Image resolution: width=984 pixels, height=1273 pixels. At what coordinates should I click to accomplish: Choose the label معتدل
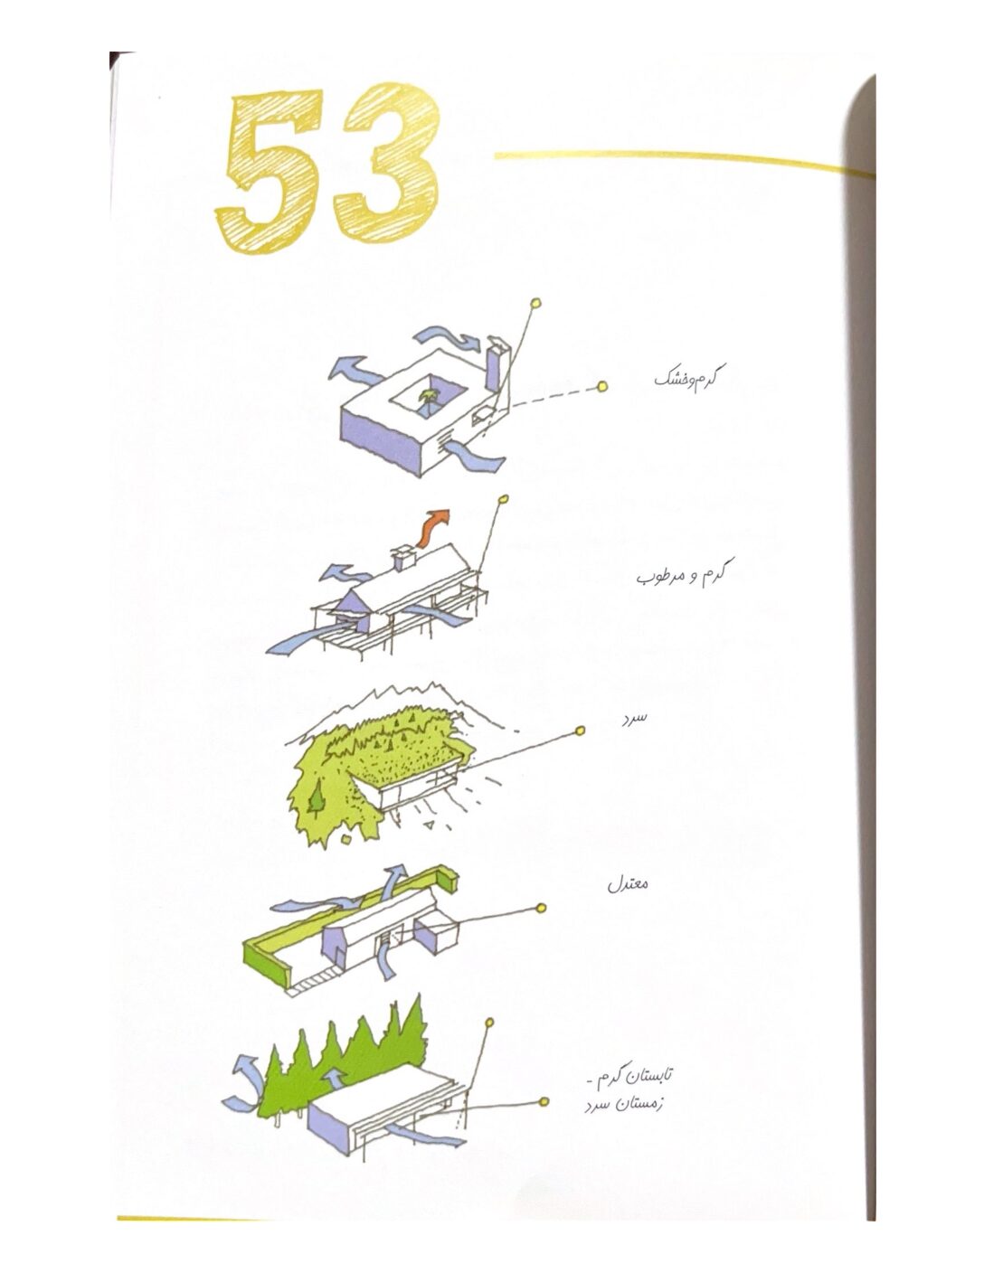(x=628, y=900)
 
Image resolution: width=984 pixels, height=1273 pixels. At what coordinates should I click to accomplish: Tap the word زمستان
(x=638, y=1104)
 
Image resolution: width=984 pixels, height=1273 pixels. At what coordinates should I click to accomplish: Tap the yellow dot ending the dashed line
(x=602, y=386)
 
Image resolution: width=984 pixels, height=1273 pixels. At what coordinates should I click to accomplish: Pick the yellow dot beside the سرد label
(x=581, y=730)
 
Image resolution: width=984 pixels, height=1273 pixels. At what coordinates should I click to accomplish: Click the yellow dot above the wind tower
(x=535, y=303)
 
